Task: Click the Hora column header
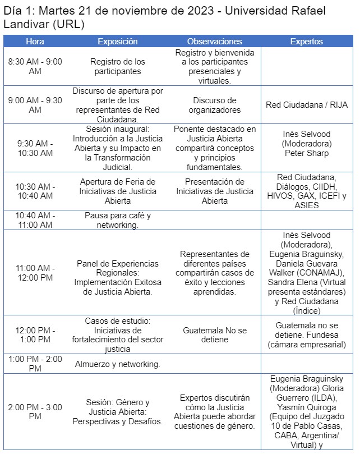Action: pos(35,42)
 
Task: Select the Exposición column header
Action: pos(117,42)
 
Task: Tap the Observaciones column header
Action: pos(214,42)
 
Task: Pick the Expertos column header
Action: pos(306,42)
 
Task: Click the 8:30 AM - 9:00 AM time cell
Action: pos(35,66)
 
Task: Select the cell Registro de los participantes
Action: pos(117,66)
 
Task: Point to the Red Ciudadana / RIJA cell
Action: pos(306,104)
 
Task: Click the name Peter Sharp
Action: pos(306,153)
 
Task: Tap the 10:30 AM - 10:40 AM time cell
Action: pos(35,191)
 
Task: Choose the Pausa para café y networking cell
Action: pos(117,220)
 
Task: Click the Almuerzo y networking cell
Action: pos(117,364)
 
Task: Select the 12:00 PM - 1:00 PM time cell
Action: pos(35,335)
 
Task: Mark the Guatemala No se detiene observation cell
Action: pos(214,335)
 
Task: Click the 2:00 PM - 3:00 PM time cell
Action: pos(35,411)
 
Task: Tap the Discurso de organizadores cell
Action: pos(214,104)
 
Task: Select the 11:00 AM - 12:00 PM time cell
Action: pos(35,273)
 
